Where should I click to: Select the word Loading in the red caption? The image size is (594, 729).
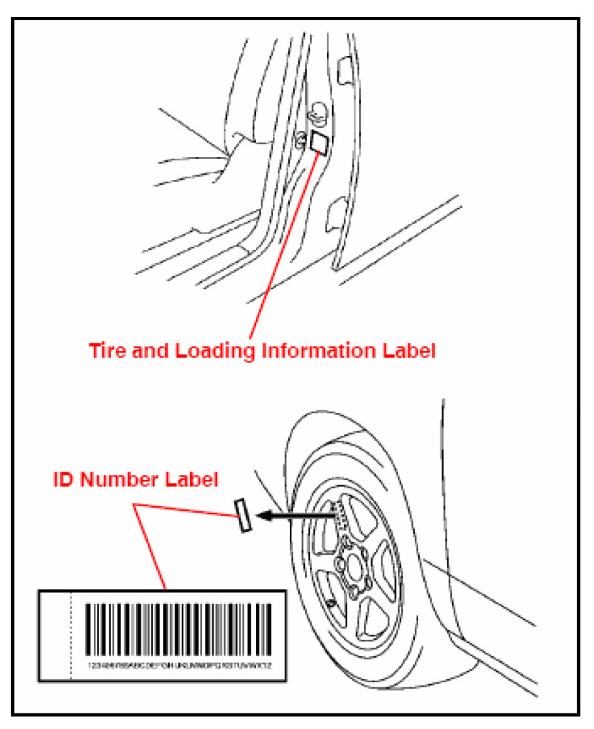tap(212, 352)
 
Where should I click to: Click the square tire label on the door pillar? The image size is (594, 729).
tap(319, 141)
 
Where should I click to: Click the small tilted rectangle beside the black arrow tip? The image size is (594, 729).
tap(243, 516)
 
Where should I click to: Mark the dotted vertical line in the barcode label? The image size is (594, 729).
tap(70, 635)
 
